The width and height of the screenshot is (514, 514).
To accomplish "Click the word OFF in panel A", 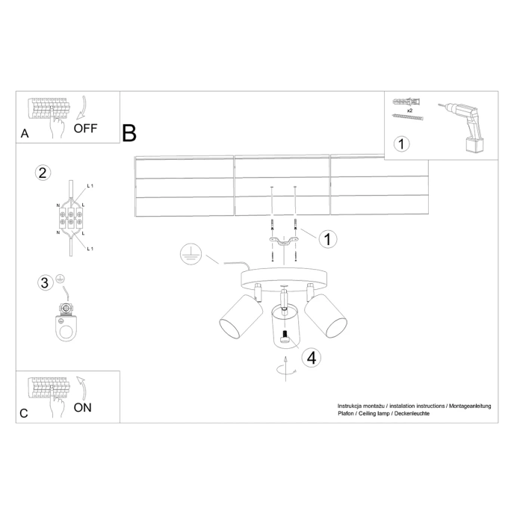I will [84, 128].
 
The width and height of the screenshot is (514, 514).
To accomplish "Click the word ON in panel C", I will [83, 407].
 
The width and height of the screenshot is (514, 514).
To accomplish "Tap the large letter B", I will [129, 134].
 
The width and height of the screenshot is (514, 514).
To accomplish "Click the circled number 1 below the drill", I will [402, 143].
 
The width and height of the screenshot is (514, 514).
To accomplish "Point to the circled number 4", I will [312, 357].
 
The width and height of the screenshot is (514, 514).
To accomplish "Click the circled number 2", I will [43, 173].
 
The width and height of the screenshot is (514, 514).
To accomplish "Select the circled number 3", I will [46, 282].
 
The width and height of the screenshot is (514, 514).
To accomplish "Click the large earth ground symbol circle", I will [191, 256].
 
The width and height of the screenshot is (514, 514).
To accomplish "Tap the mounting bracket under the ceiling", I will [283, 240].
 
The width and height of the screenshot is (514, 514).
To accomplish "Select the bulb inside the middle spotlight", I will [285, 338].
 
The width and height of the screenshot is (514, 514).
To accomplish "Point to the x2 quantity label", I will [410, 109].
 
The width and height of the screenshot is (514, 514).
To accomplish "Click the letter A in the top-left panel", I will [25, 134].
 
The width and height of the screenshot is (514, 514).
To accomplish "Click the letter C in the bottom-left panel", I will [24, 413].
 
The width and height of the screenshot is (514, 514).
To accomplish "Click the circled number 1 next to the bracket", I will [327, 239].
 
